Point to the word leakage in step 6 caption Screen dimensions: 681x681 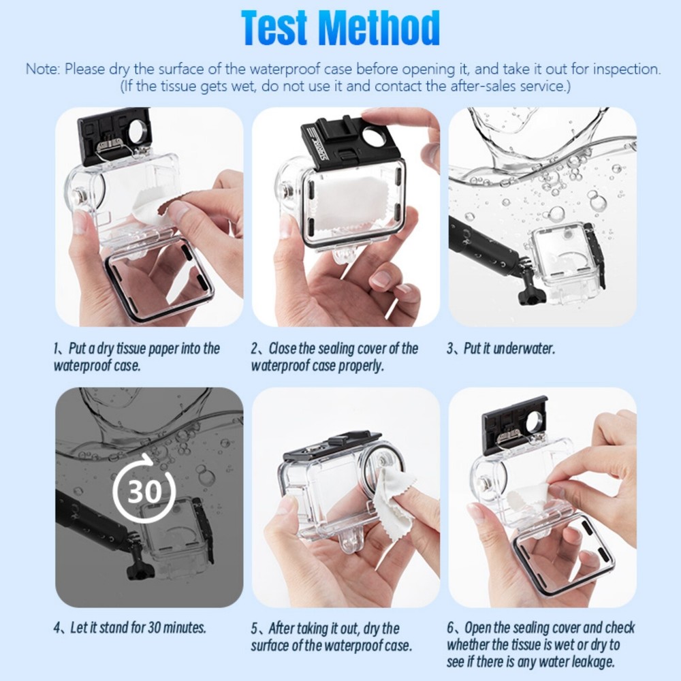click(x=594, y=662)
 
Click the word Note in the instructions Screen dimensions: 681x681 click(x=42, y=69)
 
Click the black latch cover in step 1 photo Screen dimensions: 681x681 click(x=113, y=136)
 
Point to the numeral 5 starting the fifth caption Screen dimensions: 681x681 click(x=255, y=628)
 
